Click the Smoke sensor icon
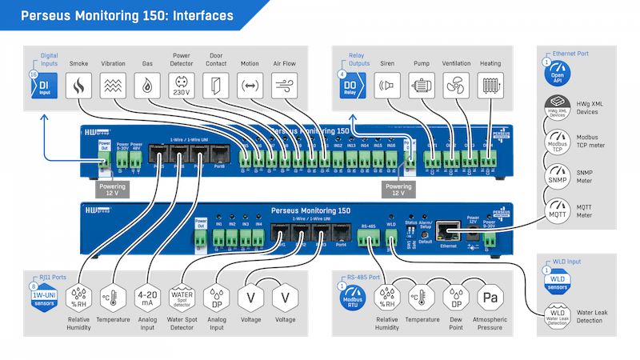point(78,86)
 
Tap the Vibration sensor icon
point(113,86)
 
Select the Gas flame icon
point(147,86)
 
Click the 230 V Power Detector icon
point(182,86)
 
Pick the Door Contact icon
point(216,86)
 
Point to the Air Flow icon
point(285,86)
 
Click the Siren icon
point(386,86)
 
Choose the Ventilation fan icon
point(455,86)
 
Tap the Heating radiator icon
point(490,86)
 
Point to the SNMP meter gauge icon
point(558,174)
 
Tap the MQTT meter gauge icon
point(558,210)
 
